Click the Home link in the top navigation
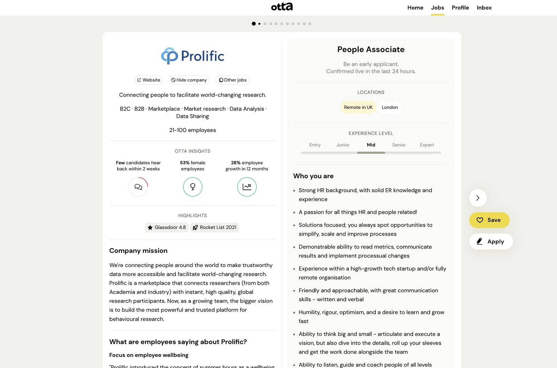point(415,7)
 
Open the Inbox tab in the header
point(484,7)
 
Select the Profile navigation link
point(460,7)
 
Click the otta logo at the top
point(282,7)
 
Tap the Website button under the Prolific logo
point(149,80)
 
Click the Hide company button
point(189,80)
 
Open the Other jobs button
point(233,80)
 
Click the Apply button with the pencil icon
point(491,242)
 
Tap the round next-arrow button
point(478,198)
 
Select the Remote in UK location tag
point(358,107)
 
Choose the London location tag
point(390,107)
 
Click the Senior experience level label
point(399,145)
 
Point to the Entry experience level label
point(315,145)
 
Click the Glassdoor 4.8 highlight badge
point(167,227)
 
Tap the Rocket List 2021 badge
point(215,227)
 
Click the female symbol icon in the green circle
point(193,187)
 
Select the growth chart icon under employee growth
point(247,187)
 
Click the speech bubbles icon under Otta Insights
point(138,187)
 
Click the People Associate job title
point(371,49)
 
